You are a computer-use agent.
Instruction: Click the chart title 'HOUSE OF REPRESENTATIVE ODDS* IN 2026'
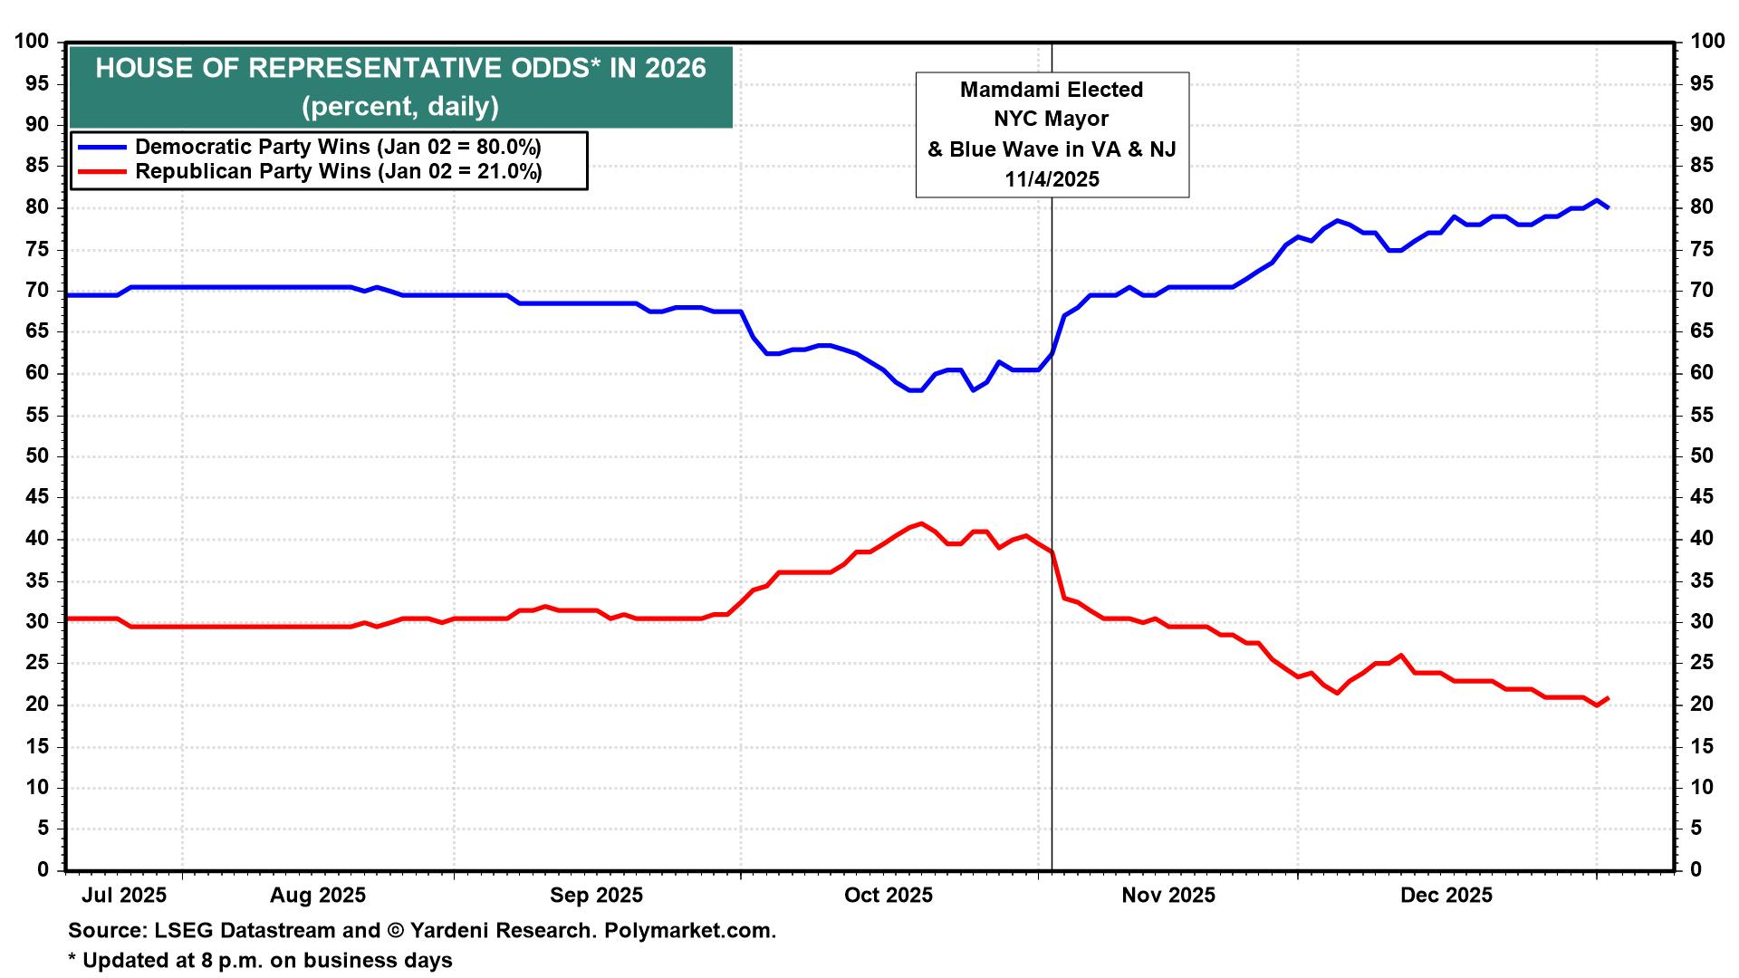[x=400, y=69]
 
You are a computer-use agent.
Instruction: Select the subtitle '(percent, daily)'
[x=400, y=107]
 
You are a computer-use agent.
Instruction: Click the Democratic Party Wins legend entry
[x=338, y=147]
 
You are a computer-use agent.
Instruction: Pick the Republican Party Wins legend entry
[x=338, y=172]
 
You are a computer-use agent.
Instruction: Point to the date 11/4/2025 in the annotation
[x=1052, y=179]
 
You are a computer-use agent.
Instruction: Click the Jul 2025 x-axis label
[x=124, y=896]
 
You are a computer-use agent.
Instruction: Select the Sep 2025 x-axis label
[x=596, y=896]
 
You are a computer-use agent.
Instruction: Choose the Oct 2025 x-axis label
[x=888, y=896]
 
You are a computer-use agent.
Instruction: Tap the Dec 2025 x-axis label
[x=1446, y=896]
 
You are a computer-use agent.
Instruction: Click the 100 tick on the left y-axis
[x=32, y=42]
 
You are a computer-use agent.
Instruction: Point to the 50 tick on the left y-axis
[x=37, y=456]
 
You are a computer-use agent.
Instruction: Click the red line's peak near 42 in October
[x=921, y=523]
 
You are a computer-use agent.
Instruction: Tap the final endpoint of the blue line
[x=1608, y=207]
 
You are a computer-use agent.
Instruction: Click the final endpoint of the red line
[x=1608, y=697]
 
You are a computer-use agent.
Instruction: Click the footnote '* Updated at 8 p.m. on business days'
[x=260, y=960]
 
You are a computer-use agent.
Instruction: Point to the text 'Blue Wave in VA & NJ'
[x=1062, y=149]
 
